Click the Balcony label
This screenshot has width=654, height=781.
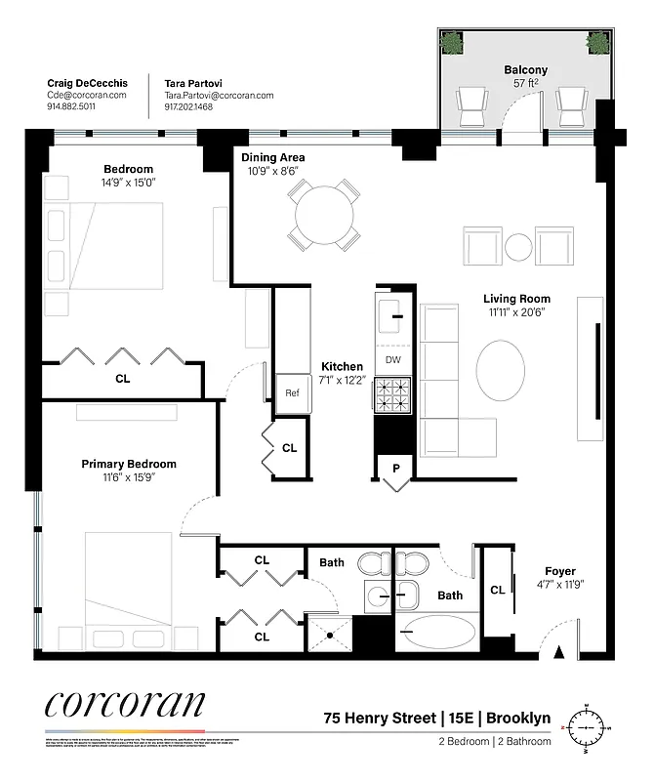[525, 70]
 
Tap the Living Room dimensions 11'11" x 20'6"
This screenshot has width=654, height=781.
[516, 313]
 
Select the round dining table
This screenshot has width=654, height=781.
[321, 210]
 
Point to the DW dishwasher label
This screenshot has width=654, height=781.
[393, 360]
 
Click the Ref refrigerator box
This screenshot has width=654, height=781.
[292, 393]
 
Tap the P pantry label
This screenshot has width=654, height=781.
[395, 469]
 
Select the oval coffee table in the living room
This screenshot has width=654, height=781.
[505, 371]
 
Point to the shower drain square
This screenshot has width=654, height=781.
[330, 635]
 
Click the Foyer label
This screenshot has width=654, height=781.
[559, 571]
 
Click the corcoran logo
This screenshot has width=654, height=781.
[124, 705]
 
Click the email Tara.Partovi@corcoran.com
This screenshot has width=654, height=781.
[219, 96]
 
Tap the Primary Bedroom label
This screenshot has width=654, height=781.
[129, 464]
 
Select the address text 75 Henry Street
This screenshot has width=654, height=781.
[380, 719]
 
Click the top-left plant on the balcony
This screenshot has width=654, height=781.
[452, 42]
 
